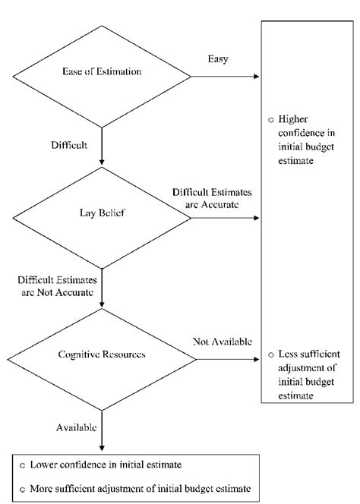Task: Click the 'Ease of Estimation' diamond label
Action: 101,73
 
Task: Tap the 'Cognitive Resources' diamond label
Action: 101,354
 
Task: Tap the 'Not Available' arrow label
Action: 216,339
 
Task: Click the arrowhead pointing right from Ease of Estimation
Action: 257,77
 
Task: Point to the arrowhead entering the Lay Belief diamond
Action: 101,162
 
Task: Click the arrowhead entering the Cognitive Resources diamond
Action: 101,303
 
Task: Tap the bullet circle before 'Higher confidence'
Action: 270,121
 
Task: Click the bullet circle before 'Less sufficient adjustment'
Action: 270,355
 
